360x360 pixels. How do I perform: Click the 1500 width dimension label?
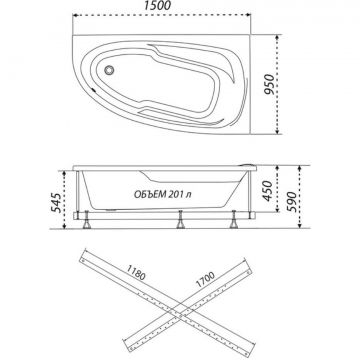click(158, 6)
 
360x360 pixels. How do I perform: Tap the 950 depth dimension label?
click(270, 84)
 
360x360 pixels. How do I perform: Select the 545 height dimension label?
click(56, 203)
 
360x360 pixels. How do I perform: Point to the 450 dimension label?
click(269, 191)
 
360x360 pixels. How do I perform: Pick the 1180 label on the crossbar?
click(135, 272)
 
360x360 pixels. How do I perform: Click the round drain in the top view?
click(109, 70)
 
